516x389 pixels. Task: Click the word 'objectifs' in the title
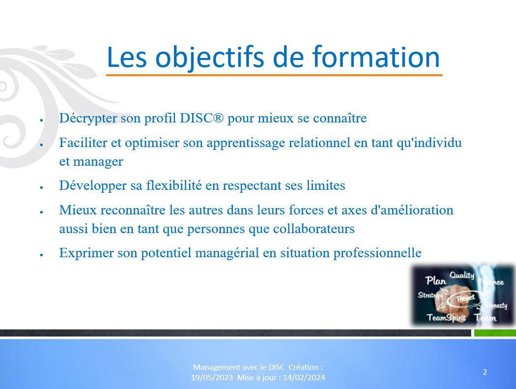(210, 58)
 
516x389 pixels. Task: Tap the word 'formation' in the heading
(376, 57)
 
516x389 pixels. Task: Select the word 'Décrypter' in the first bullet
(88, 118)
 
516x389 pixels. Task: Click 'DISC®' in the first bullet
(201, 118)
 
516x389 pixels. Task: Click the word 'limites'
(325, 185)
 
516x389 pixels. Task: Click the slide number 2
(485, 372)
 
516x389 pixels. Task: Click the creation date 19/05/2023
(212, 378)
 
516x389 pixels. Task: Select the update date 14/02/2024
(304, 378)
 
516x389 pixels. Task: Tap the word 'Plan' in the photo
(436, 281)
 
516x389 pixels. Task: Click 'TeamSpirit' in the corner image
(446, 318)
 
